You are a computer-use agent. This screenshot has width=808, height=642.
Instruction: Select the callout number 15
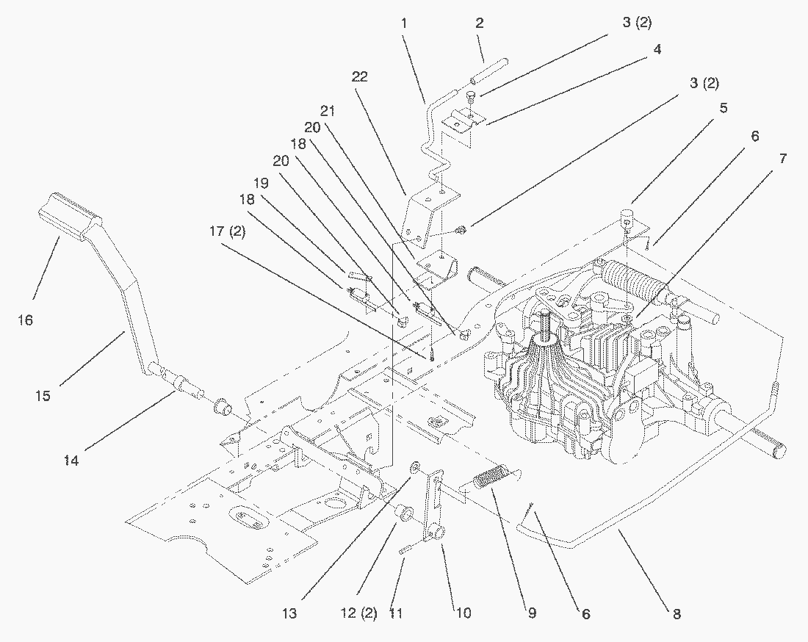tap(43, 396)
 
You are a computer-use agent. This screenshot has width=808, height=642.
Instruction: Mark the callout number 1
tap(403, 24)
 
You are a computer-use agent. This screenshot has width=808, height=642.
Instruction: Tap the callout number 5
tap(724, 108)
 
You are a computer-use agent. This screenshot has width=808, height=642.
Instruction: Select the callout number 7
tap(783, 158)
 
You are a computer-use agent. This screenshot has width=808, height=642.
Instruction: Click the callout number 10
tap(463, 613)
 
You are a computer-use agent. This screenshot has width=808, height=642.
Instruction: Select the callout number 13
tap(290, 613)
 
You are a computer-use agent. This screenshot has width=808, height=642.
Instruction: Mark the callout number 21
tap(327, 111)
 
